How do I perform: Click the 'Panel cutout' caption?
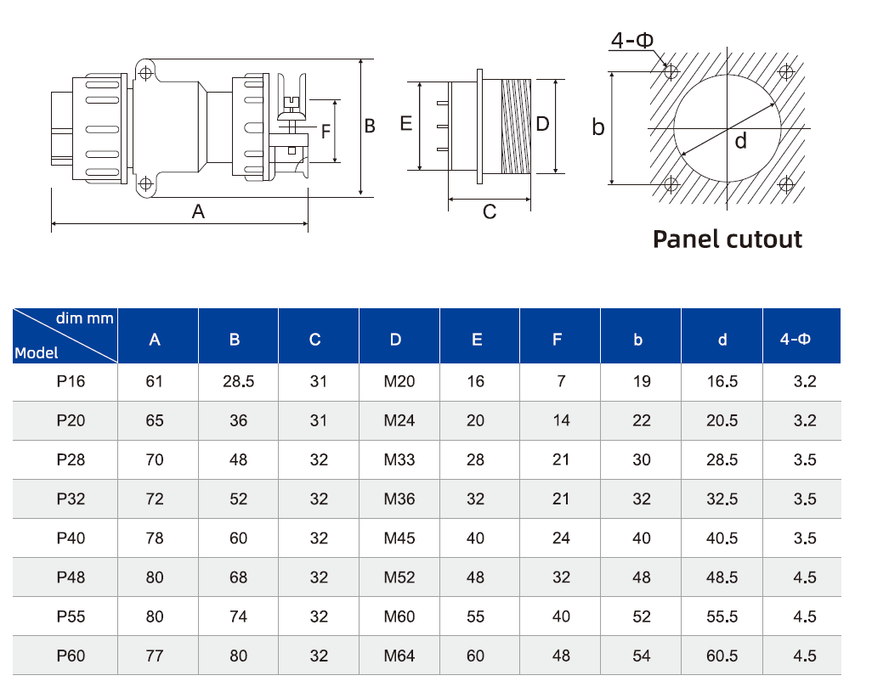[728, 239]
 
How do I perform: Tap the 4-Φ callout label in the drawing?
[632, 40]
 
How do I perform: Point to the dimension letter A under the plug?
[198, 211]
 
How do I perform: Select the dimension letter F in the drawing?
[326, 132]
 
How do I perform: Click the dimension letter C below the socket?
[490, 211]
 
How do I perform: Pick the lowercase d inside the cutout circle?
[740, 141]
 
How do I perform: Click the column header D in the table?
[395, 340]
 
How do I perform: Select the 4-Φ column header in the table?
[796, 339]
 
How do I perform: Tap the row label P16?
[71, 381]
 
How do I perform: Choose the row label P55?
[71, 616]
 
